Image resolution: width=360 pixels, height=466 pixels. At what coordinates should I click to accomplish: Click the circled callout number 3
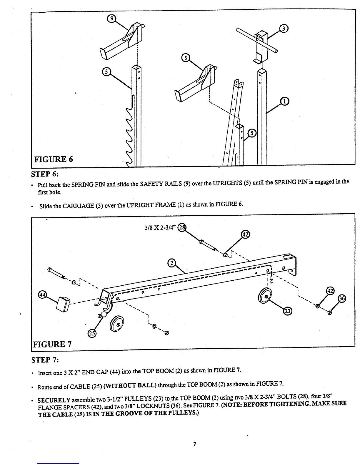pyautogui.click(x=283, y=29)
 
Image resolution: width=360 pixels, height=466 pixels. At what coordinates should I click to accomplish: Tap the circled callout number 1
pyautogui.click(x=284, y=101)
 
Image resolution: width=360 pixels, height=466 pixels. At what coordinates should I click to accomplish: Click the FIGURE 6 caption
pyautogui.click(x=54, y=159)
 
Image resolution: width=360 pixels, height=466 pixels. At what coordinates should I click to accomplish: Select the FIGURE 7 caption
pyautogui.click(x=53, y=344)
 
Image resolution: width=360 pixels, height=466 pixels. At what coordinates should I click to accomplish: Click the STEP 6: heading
pyautogui.click(x=45, y=174)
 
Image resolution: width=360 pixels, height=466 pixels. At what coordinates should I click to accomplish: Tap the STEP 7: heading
pyautogui.click(x=45, y=360)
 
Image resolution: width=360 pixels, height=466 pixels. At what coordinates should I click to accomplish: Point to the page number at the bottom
pyautogui.click(x=194, y=444)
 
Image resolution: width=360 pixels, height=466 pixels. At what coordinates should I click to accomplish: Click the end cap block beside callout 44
pyautogui.click(x=63, y=304)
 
